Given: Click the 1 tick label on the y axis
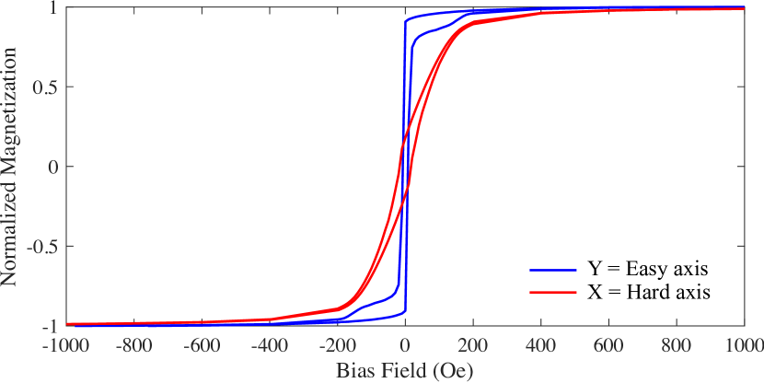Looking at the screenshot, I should tap(55, 8).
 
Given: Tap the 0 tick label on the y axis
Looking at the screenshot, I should tap(55, 168).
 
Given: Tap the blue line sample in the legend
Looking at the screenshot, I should tap(553, 271).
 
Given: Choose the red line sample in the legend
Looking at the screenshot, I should tap(553, 292).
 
